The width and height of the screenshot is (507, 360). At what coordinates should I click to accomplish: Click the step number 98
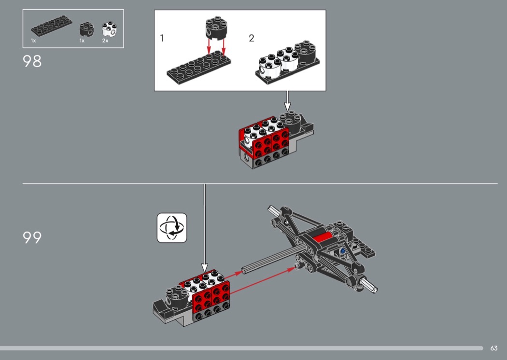pos(32,61)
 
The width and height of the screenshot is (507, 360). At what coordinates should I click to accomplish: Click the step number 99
pos(32,237)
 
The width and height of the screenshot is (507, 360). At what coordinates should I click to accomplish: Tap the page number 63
pos(494,348)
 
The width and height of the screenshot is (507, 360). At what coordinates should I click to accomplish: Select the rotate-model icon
pos(172,227)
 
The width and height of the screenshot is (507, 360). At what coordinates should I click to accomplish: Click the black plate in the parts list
pos(52,25)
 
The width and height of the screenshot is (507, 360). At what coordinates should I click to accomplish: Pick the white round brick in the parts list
pos(110,29)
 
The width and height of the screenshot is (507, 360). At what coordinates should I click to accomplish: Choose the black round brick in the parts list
pos(86,29)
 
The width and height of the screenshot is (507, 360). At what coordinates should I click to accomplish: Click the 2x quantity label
pos(105,41)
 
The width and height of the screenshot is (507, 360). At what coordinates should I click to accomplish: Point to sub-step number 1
pos(162,38)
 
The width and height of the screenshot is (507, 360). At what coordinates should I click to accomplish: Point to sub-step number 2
pos(252,38)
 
